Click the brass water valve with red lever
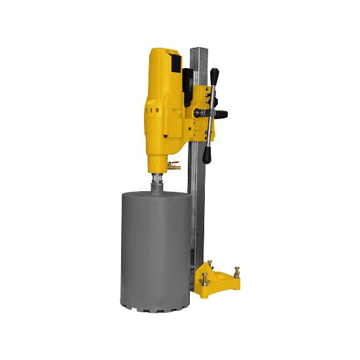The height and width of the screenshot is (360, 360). (x=173, y=166)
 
